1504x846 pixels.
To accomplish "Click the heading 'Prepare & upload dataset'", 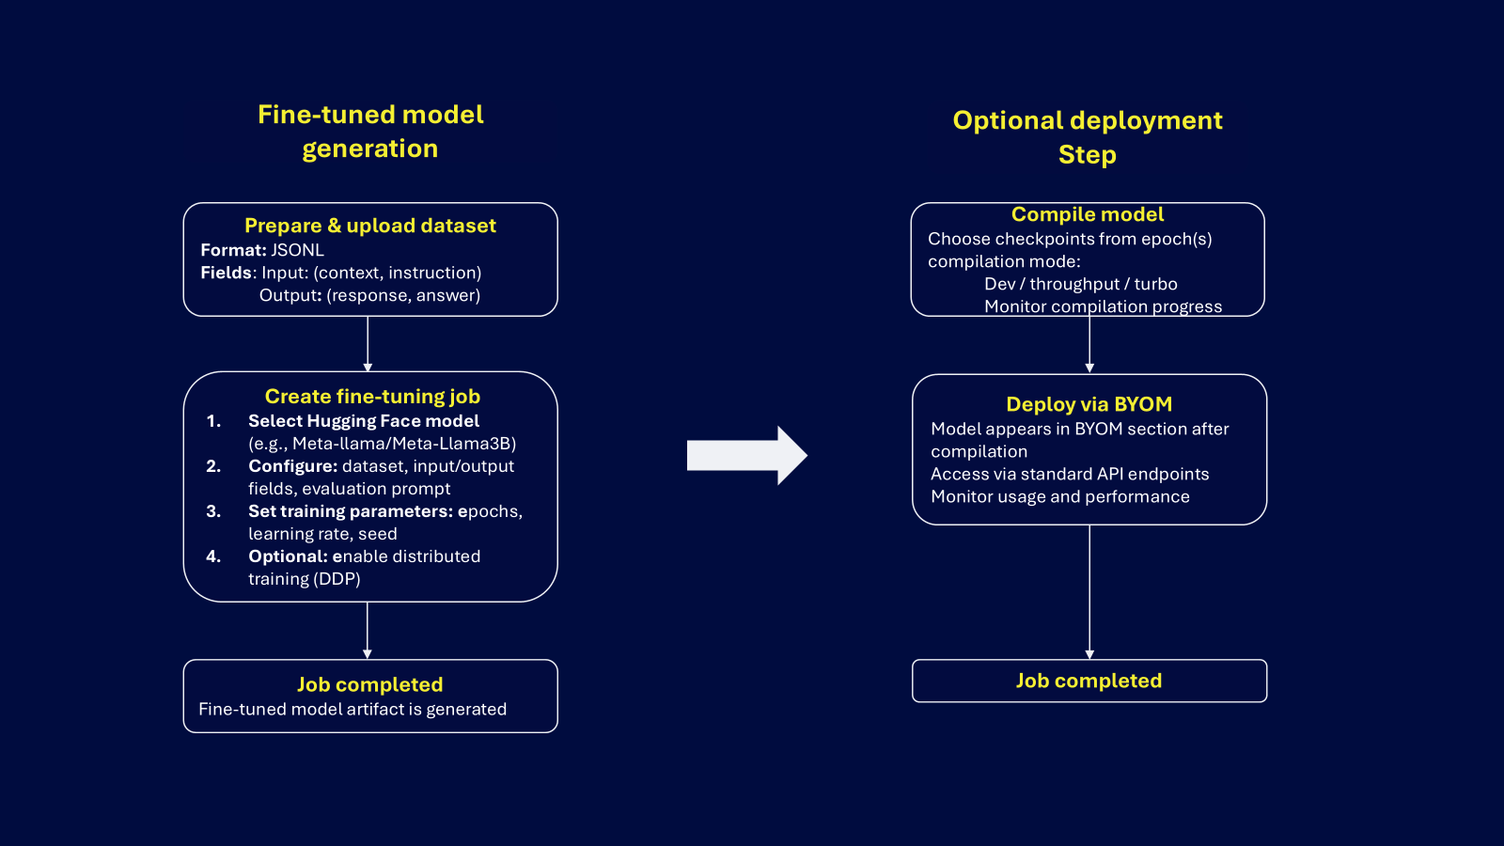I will pyautogui.click(x=369, y=226).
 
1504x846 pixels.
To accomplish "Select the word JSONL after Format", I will pyautogui.click(x=297, y=250).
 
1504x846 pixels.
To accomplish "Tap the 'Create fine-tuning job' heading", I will pyautogui.click(x=372, y=397).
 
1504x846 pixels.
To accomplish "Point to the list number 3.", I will pyautogui.click(x=213, y=511).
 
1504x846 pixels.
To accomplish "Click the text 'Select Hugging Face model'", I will pyautogui.click(x=363, y=421).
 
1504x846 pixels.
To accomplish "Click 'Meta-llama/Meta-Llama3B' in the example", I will pyautogui.click(x=404, y=444).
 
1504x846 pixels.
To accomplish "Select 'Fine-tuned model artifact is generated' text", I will pyautogui.click(x=352, y=710).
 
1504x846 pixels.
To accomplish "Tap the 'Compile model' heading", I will pyautogui.click(x=1088, y=214).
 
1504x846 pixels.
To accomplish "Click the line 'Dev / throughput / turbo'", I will pyautogui.click(x=1080, y=284).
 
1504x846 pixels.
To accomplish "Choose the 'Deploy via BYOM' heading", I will pyautogui.click(x=1089, y=404).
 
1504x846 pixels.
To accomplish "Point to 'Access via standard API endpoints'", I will pyautogui.click(x=1070, y=474).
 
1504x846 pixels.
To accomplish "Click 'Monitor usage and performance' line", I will pyautogui.click(x=1059, y=496).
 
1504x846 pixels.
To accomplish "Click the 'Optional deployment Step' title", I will pyautogui.click(x=1088, y=137).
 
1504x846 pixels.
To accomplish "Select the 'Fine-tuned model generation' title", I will pyautogui.click(x=370, y=132).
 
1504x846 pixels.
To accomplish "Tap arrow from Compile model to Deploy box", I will pyautogui.click(x=1089, y=344).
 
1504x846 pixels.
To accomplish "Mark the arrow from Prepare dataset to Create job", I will pyautogui.click(x=368, y=344).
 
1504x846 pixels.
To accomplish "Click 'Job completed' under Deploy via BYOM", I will pyautogui.click(x=1089, y=681).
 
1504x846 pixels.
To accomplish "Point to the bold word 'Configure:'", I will pyautogui.click(x=292, y=466).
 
